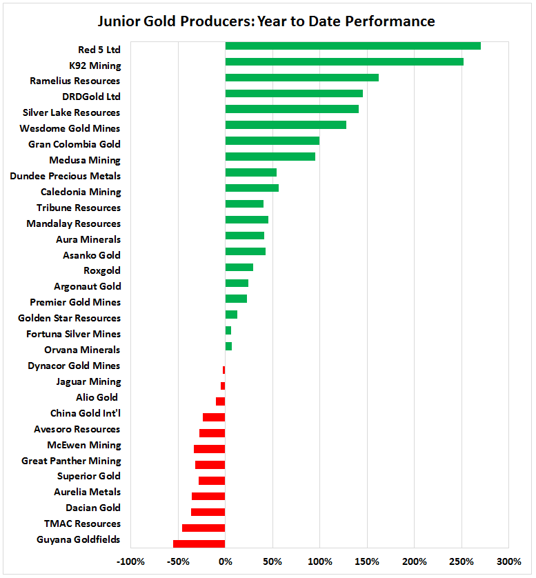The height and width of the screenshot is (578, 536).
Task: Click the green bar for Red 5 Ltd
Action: (353, 46)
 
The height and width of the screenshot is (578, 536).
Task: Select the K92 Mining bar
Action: (344, 62)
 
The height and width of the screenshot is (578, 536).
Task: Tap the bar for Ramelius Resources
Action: (301, 78)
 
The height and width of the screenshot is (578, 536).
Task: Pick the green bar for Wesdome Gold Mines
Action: (286, 125)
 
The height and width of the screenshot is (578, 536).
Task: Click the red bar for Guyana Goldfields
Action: (199, 544)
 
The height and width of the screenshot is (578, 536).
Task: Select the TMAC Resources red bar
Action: (204, 528)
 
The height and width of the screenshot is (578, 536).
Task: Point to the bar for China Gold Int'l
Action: (214, 417)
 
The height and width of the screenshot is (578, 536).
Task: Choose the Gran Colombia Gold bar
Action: (272, 141)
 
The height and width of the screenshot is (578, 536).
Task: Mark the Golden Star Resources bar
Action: (231, 315)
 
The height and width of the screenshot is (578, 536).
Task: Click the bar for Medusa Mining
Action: (270, 157)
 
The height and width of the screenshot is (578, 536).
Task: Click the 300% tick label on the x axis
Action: (509, 561)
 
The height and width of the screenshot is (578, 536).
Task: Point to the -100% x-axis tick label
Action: (130, 561)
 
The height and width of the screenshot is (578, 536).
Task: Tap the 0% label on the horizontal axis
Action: (225, 561)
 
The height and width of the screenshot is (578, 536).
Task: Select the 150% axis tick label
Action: (367, 561)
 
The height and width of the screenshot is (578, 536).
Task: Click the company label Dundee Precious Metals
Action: (66, 176)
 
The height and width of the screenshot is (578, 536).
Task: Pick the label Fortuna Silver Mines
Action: (73, 334)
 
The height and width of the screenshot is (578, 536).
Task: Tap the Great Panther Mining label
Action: (71, 461)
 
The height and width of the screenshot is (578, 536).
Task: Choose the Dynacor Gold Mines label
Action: (74, 366)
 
